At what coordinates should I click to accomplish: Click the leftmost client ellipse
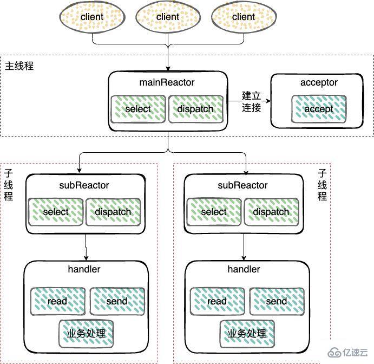(92, 17)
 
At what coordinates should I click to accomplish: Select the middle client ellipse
(168, 17)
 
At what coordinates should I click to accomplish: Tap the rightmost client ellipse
(244, 17)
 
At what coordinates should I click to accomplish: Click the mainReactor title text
(167, 82)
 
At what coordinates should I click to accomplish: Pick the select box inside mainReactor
(138, 109)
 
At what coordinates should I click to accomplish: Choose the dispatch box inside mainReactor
(195, 109)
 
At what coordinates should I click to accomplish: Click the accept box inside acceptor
(319, 109)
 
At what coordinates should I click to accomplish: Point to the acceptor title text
(319, 82)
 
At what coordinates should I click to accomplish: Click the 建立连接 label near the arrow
(252, 102)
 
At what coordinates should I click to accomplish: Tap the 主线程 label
(19, 66)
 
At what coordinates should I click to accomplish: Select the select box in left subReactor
(55, 211)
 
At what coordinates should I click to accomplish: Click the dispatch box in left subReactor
(113, 211)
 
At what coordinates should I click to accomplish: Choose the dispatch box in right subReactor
(271, 211)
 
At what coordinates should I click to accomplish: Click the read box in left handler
(57, 301)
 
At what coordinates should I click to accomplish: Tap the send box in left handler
(117, 301)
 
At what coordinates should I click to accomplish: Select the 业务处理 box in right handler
(247, 333)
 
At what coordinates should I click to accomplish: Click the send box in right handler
(276, 301)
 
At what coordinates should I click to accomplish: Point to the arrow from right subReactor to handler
(244, 247)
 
